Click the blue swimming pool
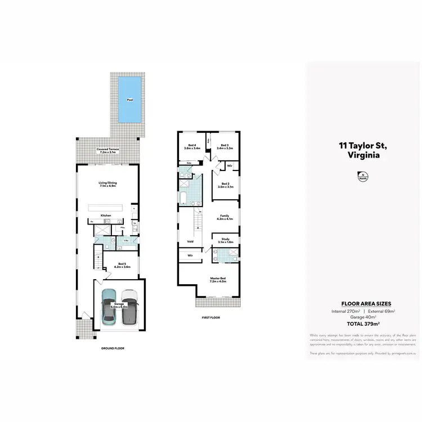(130, 101)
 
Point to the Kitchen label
(106, 216)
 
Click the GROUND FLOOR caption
(113, 348)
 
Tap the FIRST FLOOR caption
(211, 317)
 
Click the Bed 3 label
(225, 147)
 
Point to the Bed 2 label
(225, 185)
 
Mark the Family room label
(225, 217)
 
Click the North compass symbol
(362, 177)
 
